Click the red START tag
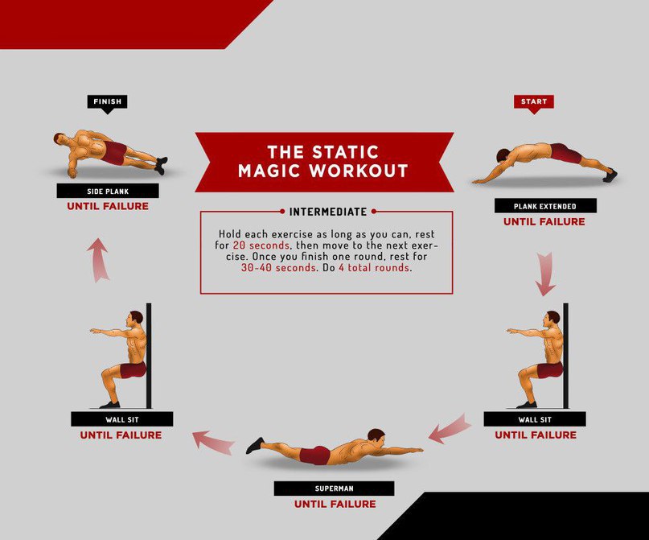tap(533, 102)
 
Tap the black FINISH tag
tap(107, 102)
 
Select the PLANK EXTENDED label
tap(545, 206)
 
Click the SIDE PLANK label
tap(108, 191)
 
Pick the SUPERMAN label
tap(334, 488)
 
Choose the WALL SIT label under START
tap(535, 419)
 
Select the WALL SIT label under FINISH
tap(122, 419)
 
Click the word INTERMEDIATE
tap(328, 212)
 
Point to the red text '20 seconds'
tap(261, 245)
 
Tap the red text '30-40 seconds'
tap(278, 267)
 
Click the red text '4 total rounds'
tap(374, 267)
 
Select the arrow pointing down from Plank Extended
tap(545, 274)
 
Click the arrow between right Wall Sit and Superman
tap(450, 429)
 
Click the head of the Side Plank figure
tap(60, 139)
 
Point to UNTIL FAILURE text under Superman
tap(335, 504)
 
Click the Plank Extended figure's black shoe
tap(610, 175)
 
